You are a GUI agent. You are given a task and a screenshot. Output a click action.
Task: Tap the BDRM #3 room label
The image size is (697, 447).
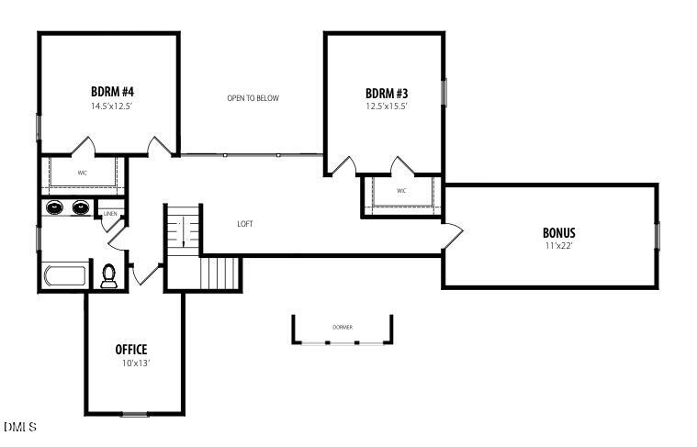386,93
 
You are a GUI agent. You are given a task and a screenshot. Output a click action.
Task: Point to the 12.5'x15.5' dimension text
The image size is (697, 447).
386,106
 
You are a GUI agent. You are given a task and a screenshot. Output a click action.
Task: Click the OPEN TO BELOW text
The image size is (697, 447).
253,98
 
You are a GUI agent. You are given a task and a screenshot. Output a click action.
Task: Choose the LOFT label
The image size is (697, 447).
245,224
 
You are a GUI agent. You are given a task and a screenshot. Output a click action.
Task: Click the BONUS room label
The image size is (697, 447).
558,233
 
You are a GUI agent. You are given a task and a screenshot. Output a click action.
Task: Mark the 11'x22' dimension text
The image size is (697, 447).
558,246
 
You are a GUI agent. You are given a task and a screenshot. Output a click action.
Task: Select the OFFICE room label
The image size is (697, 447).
131,350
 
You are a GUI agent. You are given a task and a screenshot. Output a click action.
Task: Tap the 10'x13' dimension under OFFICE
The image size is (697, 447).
131,363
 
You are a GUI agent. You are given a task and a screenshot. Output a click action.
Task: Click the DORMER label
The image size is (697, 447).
343,328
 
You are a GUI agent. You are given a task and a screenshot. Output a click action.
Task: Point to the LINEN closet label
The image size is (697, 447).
110,214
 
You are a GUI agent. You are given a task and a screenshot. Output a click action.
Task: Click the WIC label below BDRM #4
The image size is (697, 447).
83,173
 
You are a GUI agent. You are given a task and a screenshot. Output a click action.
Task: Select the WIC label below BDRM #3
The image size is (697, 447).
401,191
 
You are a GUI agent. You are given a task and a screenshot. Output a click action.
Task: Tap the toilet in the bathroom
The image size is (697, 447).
109,275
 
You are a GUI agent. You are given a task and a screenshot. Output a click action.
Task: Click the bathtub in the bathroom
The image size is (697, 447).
64,275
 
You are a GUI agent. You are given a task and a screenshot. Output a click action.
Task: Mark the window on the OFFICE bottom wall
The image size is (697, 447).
135,414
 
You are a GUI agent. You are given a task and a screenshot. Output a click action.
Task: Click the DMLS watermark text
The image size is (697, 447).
19,427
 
